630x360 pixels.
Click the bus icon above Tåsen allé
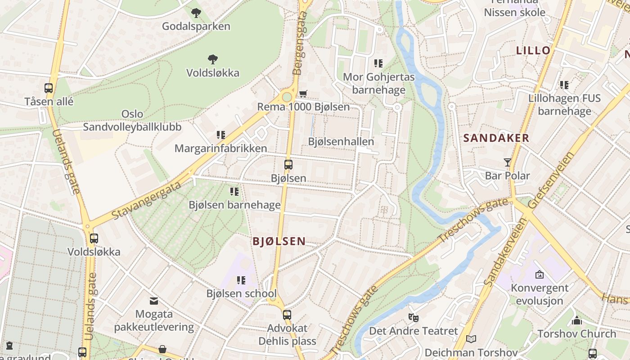(49, 88)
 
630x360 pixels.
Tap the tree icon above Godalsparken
(196, 13)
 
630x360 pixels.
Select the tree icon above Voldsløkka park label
(213, 59)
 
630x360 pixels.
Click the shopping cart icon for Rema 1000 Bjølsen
(303, 94)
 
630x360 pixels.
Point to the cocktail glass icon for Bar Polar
(508, 162)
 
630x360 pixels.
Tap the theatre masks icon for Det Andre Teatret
(413, 317)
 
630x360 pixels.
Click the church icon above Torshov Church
(577, 320)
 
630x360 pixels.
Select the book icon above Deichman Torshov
(471, 339)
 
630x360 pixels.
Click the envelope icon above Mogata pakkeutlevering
(154, 301)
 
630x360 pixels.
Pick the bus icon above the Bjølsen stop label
(288, 165)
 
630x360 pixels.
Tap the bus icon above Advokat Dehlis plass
(287, 315)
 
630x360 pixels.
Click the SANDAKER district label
(496, 138)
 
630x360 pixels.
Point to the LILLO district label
(533, 50)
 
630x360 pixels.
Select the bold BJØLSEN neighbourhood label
(279, 242)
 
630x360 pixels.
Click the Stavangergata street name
(147, 200)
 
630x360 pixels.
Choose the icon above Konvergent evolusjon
(539, 274)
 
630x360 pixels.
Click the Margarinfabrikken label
(220, 148)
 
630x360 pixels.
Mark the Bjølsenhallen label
(341, 141)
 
